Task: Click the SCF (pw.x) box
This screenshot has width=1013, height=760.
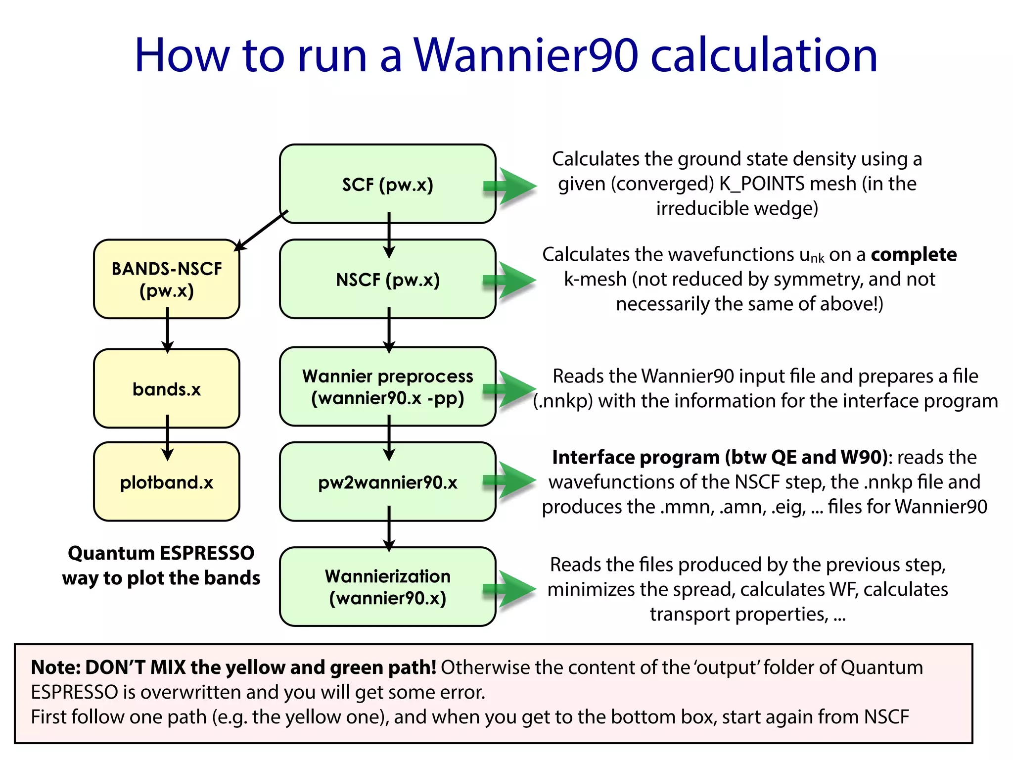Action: [387, 184]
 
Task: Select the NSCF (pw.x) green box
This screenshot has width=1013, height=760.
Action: [387, 280]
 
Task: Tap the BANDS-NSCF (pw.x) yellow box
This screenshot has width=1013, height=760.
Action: [167, 279]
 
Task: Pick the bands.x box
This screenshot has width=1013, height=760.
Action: [167, 389]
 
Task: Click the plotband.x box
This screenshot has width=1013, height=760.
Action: [167, 482]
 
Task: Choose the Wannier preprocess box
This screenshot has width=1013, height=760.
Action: [387, 387]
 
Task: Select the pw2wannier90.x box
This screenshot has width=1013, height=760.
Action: [387, 482]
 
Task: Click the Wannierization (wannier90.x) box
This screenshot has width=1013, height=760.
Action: [387, 587]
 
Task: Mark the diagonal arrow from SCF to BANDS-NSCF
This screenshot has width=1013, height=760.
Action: [261, 231]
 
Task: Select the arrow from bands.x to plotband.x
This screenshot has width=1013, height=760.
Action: [168, 437]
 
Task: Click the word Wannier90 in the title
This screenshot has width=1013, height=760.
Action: [526, 55]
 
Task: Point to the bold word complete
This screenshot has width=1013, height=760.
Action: [914, 254]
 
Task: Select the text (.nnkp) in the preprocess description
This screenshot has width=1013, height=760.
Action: [563, 401]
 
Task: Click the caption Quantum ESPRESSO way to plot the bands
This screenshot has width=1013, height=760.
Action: [161, 565]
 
